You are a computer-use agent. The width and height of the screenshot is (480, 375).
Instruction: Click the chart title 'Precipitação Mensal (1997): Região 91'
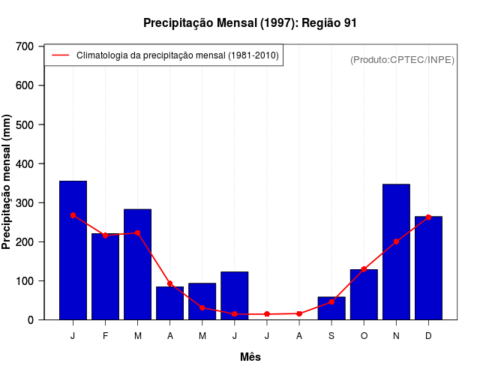pos(250,23)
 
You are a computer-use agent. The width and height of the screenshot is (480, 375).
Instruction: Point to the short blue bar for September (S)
pos(331,308)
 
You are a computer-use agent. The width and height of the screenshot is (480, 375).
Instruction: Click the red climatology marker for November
pos(396,241)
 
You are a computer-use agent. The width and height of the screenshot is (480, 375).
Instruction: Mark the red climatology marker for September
pos(331,301)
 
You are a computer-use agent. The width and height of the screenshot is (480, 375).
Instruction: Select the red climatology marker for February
pos(105,235)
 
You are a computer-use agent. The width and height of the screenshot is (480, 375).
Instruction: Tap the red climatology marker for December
pos(428,217)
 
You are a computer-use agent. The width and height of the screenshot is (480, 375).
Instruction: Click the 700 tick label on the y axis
pos(25,46)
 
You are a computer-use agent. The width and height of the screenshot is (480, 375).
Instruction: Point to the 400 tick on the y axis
pos(25,163)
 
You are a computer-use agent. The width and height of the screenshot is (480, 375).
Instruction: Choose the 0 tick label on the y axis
pos(31,320)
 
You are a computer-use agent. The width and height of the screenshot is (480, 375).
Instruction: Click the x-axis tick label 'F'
pos(105,336)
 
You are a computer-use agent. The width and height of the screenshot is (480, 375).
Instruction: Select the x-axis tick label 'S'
pos(331,336)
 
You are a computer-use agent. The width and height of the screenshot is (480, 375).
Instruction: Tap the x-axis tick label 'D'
pos(428,336)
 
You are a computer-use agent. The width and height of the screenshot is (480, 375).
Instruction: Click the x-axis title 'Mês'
pos(250,357)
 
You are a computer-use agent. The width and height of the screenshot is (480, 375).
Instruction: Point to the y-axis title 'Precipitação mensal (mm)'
pos(7,182)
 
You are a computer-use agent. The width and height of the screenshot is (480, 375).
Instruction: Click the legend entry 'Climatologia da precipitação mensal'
pos(177,55)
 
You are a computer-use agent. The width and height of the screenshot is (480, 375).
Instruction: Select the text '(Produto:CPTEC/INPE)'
pos(402,59)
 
